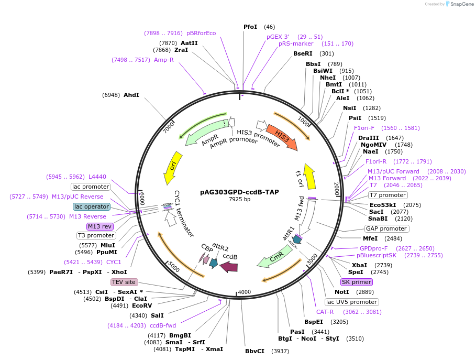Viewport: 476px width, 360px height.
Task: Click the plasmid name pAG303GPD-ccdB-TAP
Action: (239, 192)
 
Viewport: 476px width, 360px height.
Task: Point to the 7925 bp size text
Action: (239, 199)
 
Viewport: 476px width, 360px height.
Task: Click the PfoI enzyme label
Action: (251, 27)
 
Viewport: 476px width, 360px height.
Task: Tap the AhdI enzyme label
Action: (131, 95)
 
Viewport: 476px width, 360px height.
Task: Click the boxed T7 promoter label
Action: (388, 195)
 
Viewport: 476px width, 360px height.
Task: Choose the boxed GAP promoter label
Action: (387, 228)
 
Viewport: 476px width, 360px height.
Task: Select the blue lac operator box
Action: (92, 206)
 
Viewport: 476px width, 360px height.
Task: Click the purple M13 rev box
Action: (100, 226)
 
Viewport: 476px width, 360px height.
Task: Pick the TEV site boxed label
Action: (124, 282)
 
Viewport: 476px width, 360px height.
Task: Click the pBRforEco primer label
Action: (201, 33)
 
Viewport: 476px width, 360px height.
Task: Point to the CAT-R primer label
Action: (325, 312)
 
